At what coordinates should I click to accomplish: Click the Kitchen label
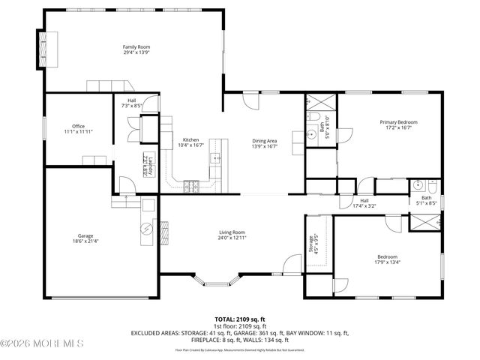(x=190, y=139)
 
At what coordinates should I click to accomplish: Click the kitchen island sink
(x=215, y=157)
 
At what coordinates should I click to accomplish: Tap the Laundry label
(x=146, y=165)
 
